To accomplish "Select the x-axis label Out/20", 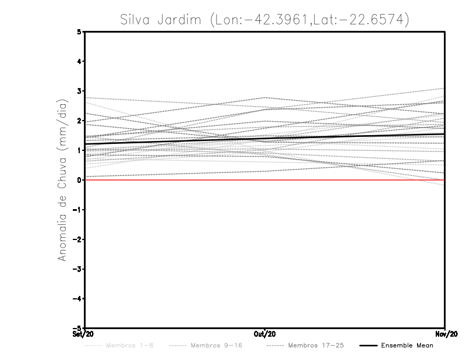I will pos(265,334).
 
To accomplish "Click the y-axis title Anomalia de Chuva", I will pos(62,181).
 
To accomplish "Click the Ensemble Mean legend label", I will pos(407,345).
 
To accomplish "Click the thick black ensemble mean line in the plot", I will pos(265,139).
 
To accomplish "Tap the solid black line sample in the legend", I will pos(368,345).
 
